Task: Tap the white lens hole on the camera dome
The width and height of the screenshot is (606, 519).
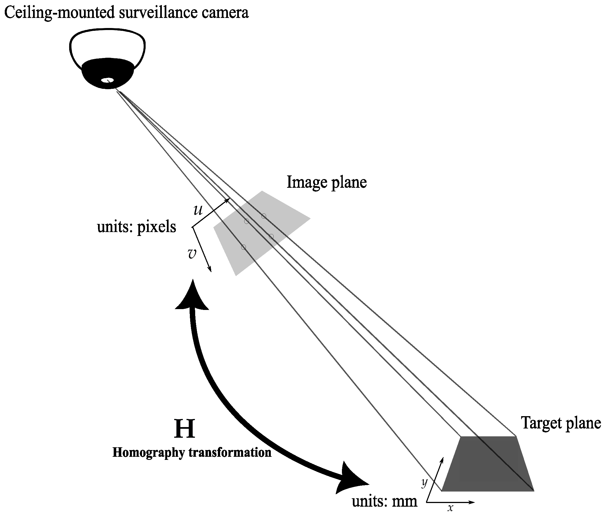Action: pyautogui.click(x=107, y=80)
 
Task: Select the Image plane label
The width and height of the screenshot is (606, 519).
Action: pyautogui.click(x=327, y=182)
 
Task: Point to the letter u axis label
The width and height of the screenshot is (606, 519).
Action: pyautogui.click(x=198, y=210)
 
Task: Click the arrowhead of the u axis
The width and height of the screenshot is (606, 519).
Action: pyautogui.click(x=228, y=200)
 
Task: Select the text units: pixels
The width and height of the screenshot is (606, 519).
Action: pyautogui.click(x=137, y=227)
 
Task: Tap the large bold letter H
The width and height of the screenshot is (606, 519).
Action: pyautogui.click(x=184, y=428)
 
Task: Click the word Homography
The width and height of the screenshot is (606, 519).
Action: pyautogui.click(x=149, y=452)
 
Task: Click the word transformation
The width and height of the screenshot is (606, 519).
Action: pyautogui.click(x=230, y=452)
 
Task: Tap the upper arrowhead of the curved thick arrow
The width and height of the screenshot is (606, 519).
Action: pyautogui.click(x=192, y=296)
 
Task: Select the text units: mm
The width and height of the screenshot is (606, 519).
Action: pyautogui.click(x=384, y=501)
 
